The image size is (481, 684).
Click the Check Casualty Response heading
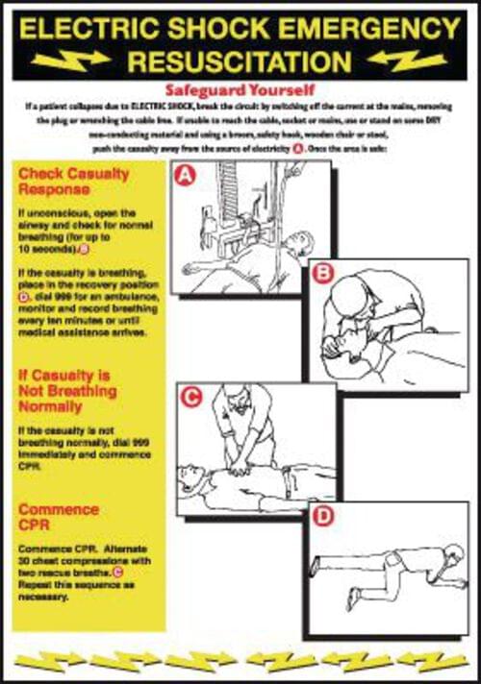pyautogui.click(x=73, y=182)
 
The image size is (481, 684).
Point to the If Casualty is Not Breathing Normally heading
pyautogui.click(x=67, y=391)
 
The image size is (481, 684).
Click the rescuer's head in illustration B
pyautogui.click(x=343, y=290)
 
